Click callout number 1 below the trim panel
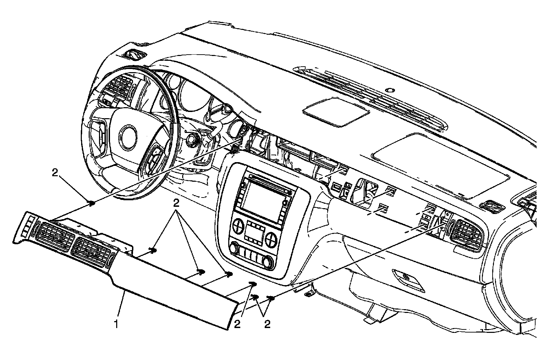tap(117, 324)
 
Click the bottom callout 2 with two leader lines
tap(267, 324)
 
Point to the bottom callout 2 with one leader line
tap(237, 324)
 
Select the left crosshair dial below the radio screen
tap(238, 226)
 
